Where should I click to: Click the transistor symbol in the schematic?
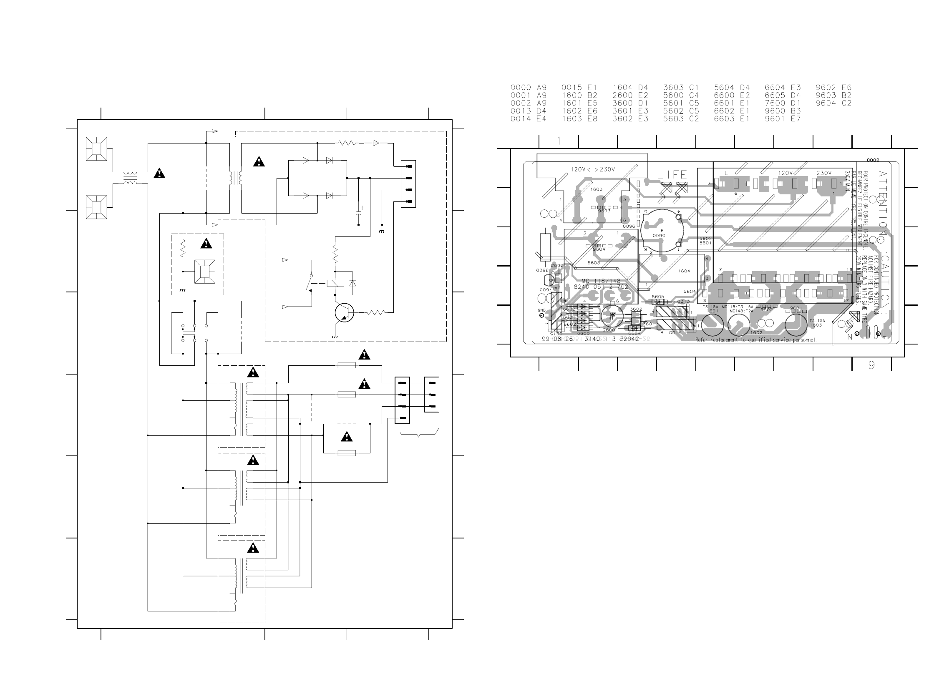pyautogui.click(x=344, y=313)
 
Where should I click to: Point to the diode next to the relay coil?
pyautogui.click(x=352, y=283)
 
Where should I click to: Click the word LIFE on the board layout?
pyautogui.click(x=672, y=174)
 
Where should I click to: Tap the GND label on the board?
pyautogui.click(x=541, y=310)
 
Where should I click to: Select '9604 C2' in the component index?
pyautogui.click(x=833, y=103)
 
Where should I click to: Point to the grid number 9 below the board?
pyautogui.click(x=871, y=365)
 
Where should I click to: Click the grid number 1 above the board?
pyautogui.click(x=559, y=141)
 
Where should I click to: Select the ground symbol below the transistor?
pyautogui.click(x=335, y=336)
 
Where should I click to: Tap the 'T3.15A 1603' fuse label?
pyautogui.click(x=815, y=323)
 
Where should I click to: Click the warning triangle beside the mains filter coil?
pyautogui.click(x=159, y=174)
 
